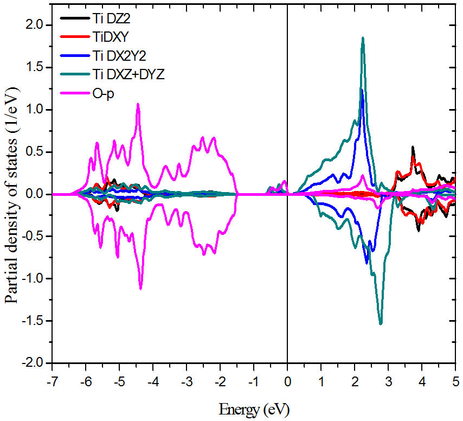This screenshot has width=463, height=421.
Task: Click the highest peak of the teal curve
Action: [x=363, y=38]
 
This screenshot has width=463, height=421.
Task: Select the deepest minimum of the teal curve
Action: [x=381, y=323]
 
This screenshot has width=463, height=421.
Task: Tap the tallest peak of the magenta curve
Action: [x=138, y=104]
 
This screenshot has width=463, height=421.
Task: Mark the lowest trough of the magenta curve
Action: [x=140, y=288]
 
